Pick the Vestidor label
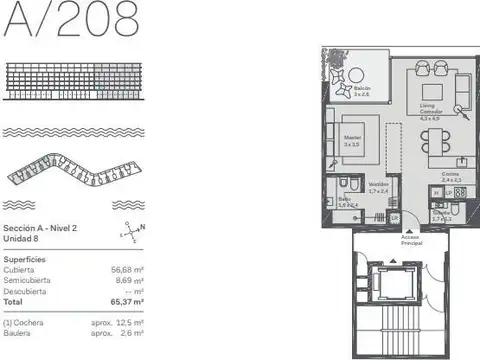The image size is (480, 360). tap(378, 187)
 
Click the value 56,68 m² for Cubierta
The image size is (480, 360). tap(126, 269)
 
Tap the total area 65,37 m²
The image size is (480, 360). tap(126, 300)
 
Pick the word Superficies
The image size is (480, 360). tap(24, 258)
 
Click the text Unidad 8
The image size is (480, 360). tap(21, 239)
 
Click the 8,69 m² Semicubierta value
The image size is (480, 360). tap(128, 279)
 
